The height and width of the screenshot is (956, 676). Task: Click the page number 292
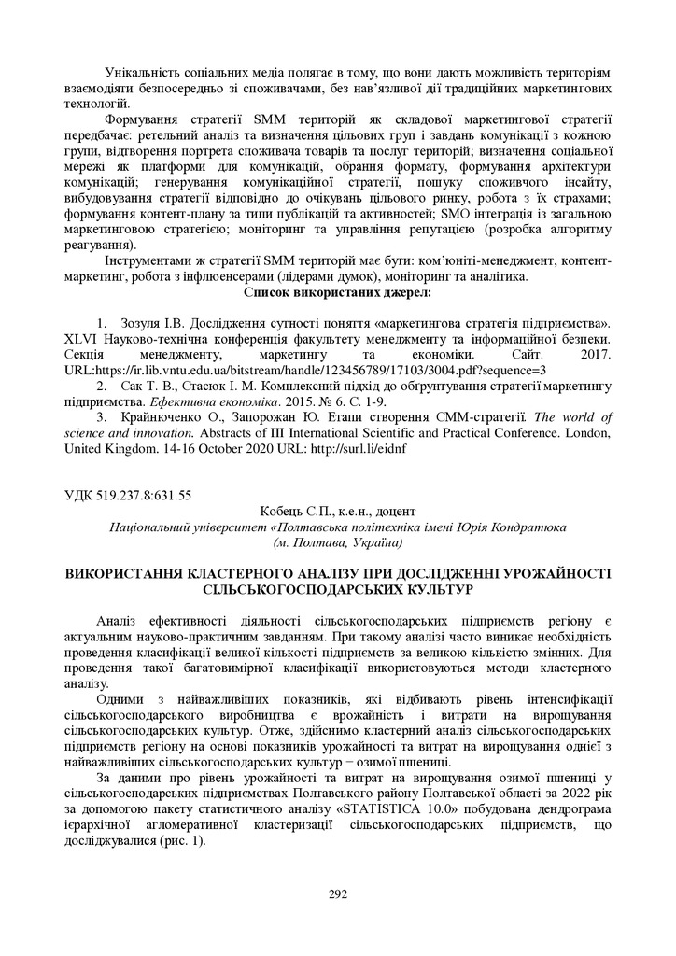pyautogui.click(x=338, y=893)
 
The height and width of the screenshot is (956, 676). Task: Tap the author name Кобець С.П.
pyautogui.click(x=294, y=511)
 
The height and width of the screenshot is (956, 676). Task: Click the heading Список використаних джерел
pyautogui.click(x=337, y=293)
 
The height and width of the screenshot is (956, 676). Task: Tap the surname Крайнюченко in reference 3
pyautogui.click(x=162, y=416)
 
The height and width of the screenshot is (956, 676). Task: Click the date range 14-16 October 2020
pyautogui.click(x=208, y=448)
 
